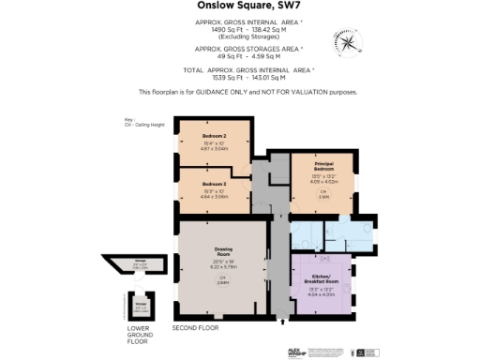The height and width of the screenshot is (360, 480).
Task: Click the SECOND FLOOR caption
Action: [195, 329]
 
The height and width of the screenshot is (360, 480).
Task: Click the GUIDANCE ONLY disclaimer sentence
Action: [247, 91]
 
